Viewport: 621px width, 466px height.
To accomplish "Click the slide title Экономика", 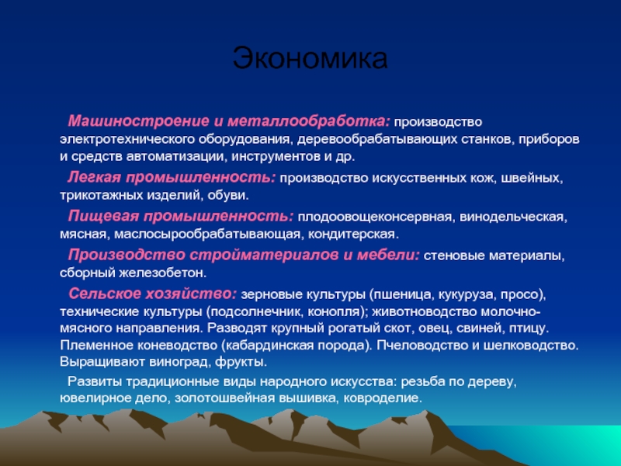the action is click(x=310, y=57).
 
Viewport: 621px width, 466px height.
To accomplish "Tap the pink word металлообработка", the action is click(x=309, y=121).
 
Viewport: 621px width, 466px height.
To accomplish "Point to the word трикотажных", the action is click(x=102, y=196).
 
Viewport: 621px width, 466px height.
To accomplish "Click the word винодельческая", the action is click(x=514, y=217).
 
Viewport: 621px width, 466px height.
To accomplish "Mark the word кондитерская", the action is click(x=353, y=235).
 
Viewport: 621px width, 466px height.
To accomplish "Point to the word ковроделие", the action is click(x=383, y=398).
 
